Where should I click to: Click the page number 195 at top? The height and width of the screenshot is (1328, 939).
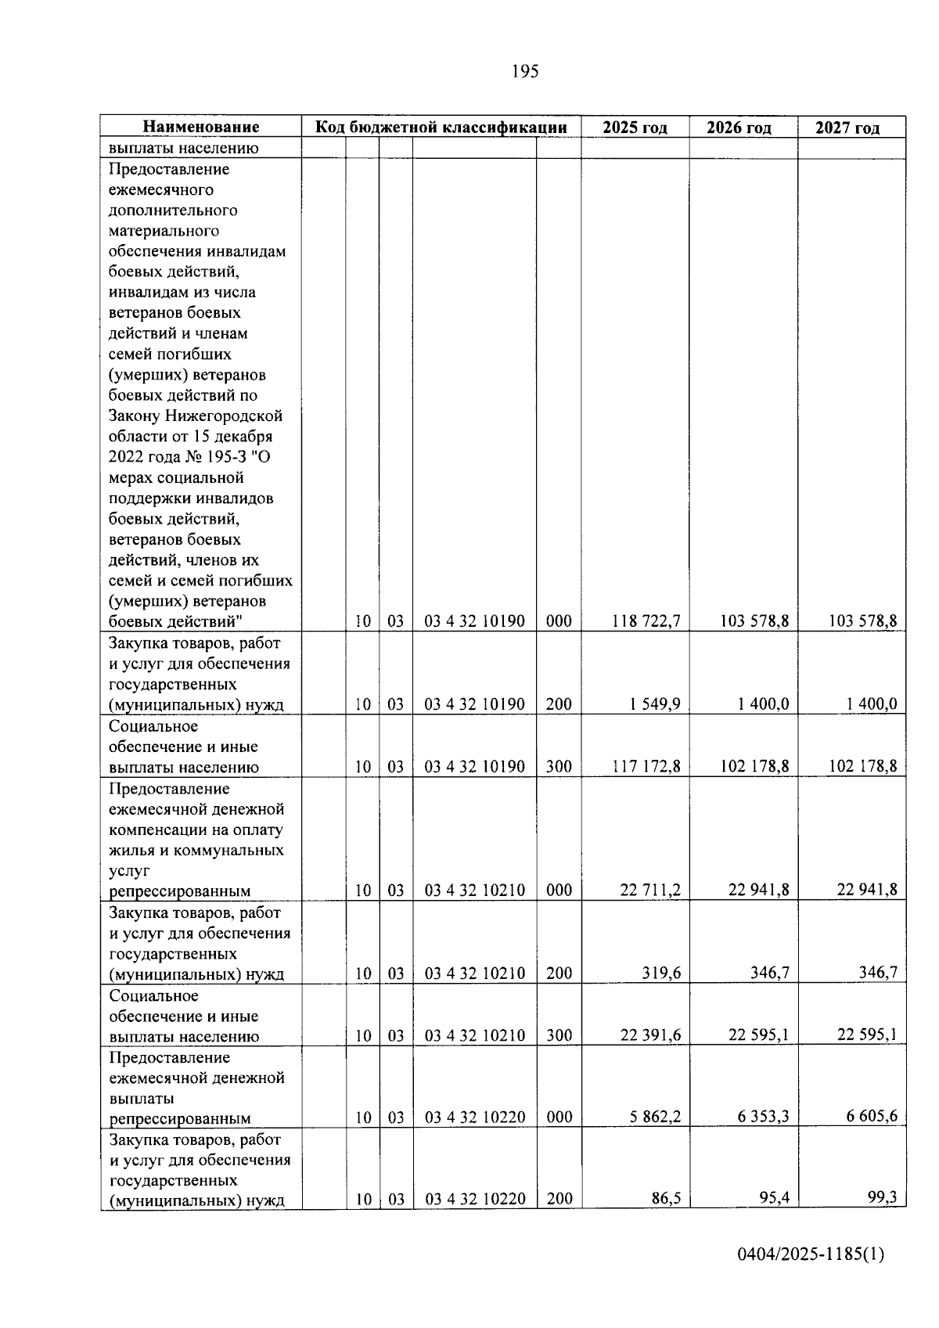point(525,72)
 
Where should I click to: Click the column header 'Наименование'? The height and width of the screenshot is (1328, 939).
point(201,128)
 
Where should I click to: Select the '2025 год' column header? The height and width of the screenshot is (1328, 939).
point(635,128)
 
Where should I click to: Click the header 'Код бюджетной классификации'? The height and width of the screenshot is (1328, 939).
point(441,128)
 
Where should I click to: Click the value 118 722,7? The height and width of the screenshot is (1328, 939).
point(646,621)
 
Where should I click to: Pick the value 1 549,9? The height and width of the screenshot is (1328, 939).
point(654,704)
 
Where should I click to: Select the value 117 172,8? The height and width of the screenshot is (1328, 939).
point(646,767)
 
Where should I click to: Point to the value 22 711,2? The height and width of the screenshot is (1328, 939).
point(649,890)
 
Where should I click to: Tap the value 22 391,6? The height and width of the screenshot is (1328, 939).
point(649,1035)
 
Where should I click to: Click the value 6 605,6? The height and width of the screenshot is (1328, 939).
point(871,1117)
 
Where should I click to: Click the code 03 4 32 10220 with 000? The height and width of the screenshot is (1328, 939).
point(475,1117)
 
